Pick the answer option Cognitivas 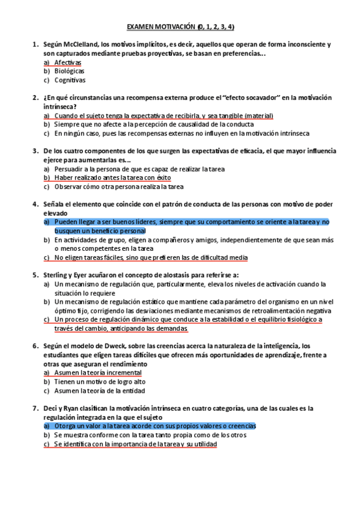click(x=70, y=80)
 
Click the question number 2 click(x=35, y=97)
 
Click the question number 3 click(x=35, y=151)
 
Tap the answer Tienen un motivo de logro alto click(x=100, y=381)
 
